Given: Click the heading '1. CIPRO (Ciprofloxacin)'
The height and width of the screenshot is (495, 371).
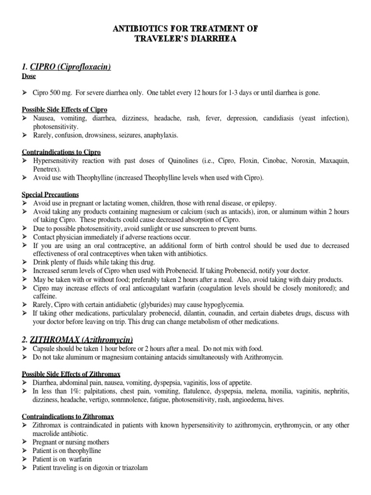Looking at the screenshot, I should point(66,67).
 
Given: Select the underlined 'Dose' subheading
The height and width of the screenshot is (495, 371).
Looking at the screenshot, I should point(29,76).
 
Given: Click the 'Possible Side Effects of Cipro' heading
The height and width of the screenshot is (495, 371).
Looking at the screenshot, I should point(65,110).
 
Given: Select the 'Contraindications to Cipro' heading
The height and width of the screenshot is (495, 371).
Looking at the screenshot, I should point(61,152).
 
